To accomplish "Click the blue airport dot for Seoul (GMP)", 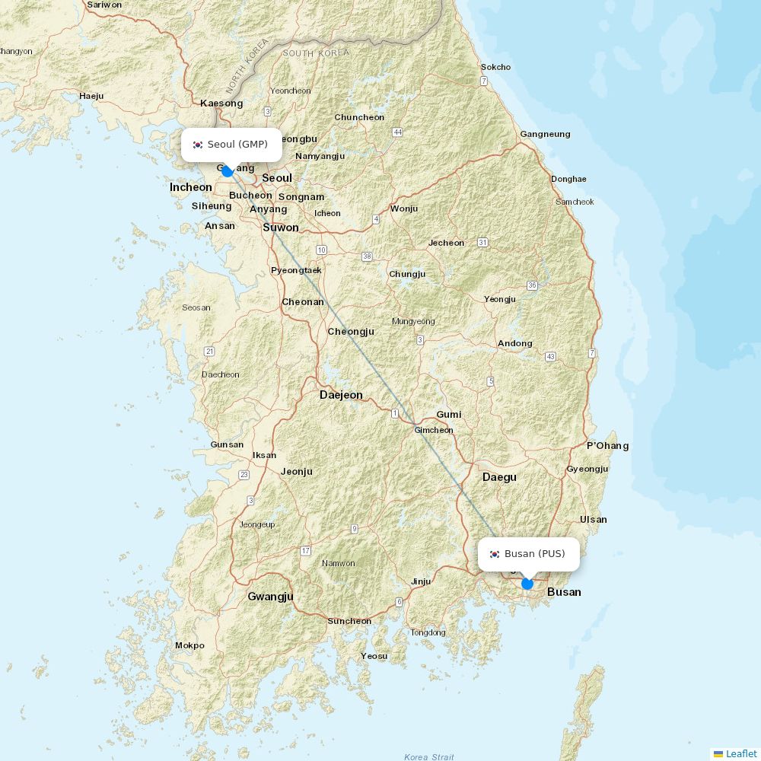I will (227, 171).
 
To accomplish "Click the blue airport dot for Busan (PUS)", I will (527, 584).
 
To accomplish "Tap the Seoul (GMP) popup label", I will (231, 145).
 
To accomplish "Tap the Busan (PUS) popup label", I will (528, 554).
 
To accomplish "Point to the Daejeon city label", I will (341, 395).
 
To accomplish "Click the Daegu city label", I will (499, 477).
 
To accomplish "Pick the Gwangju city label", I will (270, 597).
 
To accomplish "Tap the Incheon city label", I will (191, 187).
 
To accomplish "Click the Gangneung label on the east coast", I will (545, 134).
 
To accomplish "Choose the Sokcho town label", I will (495, 67).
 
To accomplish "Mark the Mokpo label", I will (189, 645).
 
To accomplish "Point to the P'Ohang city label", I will (607, 446).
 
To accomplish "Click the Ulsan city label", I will (593, 520).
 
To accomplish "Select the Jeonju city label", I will (297, 472).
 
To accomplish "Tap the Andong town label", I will (515, 343).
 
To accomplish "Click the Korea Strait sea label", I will (429, 757).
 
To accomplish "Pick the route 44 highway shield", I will (397, 132).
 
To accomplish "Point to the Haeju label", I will (91, 96).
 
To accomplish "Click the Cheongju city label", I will (351, 332).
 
